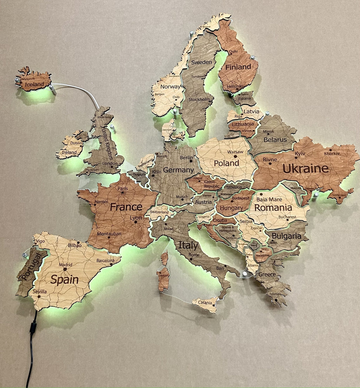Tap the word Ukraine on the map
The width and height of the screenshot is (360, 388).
click(306, 168)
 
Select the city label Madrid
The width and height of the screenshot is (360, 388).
click(65, 265)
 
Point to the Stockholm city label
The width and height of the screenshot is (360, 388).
click(199, 100)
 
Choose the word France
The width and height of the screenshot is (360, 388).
click(126, 207)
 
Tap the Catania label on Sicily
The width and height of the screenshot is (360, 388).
click(205, 303)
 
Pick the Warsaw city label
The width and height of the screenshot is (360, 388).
click(235, 152)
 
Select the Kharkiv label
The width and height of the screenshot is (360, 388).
click(332, 153)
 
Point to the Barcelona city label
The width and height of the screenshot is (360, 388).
click(105, 261)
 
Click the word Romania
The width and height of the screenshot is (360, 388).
click(273, 208)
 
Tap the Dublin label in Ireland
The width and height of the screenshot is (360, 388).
click(76, 143)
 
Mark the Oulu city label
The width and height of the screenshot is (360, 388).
click(233, 51)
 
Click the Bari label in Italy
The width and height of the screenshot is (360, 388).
click(220, 268)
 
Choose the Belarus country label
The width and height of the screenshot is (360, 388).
click(275, 140)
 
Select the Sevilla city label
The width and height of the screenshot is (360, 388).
click(39, 292)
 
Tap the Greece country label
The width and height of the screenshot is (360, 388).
click(267, 274)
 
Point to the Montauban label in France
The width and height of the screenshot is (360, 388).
click(109, 234)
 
